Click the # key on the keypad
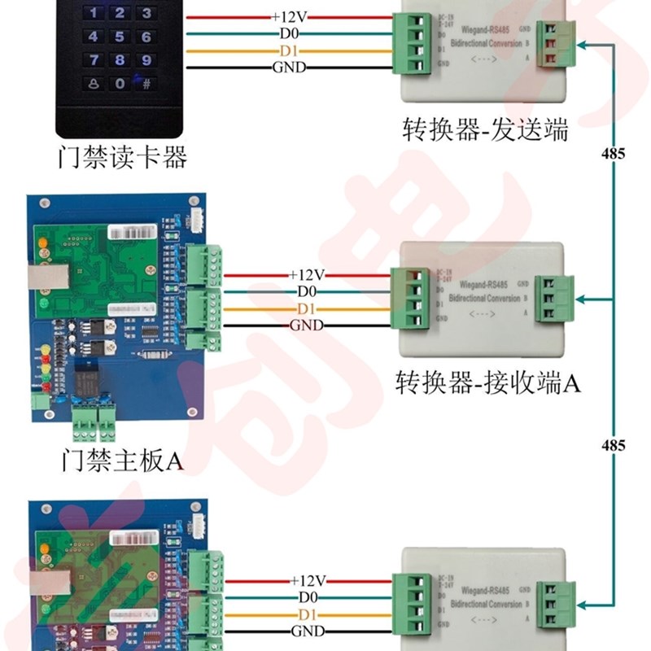(x=146, y=83)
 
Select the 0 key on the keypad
(x=120, y=83)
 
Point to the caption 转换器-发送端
(x=485, y=130)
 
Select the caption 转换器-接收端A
(x=487, y=382)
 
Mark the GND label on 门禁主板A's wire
(x=307, y=325)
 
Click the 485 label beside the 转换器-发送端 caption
(x=613, y=153)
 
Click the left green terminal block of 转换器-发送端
(x=410, y=43)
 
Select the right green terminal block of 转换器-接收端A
(x=554, y=299)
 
